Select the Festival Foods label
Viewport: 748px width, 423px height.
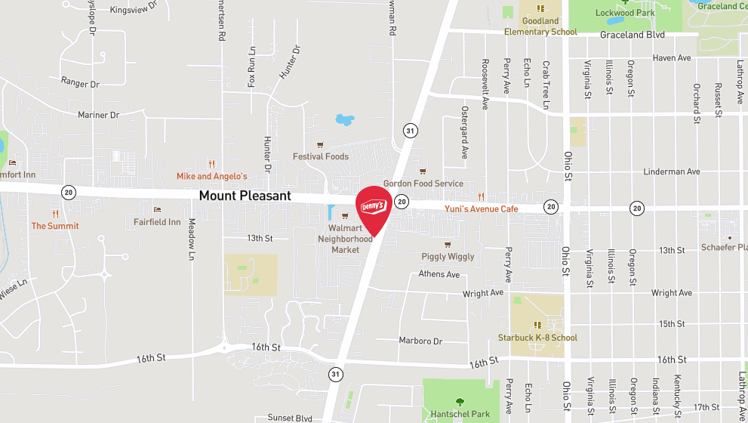(x=321, y=156)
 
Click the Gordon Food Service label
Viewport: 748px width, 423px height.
(x=423, y=184)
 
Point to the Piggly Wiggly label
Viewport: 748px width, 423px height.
(x=448, y=257)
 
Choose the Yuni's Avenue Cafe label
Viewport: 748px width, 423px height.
(x=481, y=208)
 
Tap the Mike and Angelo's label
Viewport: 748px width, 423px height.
(x=212, y=176)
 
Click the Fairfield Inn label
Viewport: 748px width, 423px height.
(x=157, y=222)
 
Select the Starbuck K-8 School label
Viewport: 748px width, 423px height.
(x=537, y=338)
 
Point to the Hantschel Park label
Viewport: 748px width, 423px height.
(x=460, y=414)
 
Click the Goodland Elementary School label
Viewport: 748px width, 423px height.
(x=540, y=26)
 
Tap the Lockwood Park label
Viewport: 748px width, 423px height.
(x=624, y=13)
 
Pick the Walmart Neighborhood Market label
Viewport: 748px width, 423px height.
(x=345, y=239)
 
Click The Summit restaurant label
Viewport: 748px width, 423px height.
(x=54, y=226)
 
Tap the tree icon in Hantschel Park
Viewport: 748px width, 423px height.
(x=460, y=401)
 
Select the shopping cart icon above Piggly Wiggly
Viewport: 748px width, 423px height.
(x=448, y=245)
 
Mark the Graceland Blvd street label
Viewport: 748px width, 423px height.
(x=632, y=35)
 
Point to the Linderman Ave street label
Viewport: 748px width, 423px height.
(x=672, y=171)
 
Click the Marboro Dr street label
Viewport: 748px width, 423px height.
(x=420, y=341)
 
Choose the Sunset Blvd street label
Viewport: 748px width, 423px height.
(x=289, y=418)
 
